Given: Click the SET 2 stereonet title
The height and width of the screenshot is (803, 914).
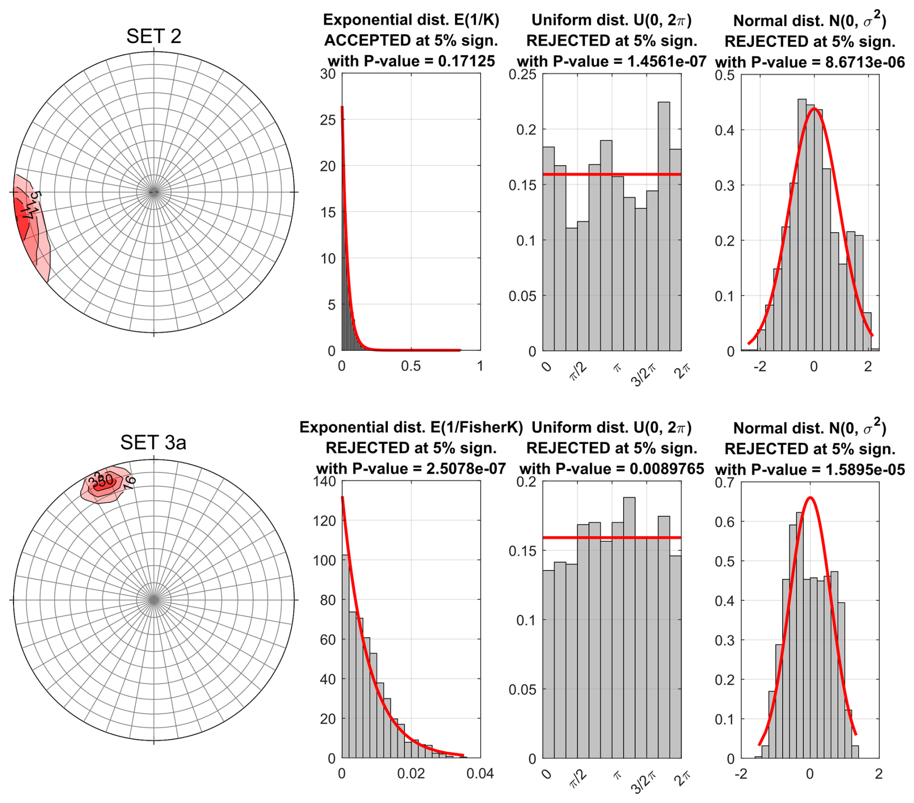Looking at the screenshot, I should point(154,37).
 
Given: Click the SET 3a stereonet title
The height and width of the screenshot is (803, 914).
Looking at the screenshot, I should point(153,442).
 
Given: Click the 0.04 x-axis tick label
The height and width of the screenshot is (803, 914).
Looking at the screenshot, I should point(480,774).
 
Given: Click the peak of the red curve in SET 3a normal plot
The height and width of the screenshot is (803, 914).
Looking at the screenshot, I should point(810,497).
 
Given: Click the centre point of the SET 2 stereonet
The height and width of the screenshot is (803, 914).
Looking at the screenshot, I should point(154,192).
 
